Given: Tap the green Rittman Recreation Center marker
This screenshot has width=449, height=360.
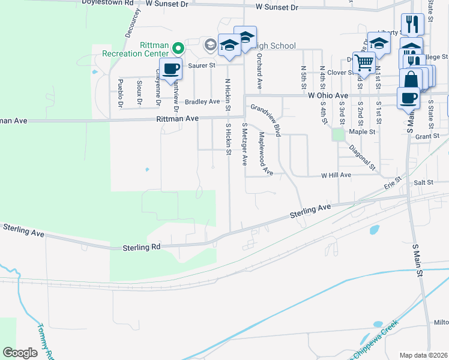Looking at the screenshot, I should tap(178, 47).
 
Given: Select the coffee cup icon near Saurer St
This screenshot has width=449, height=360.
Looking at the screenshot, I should tap(171, 69).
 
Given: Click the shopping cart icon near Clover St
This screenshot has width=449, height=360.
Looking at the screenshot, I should tap(363, 62).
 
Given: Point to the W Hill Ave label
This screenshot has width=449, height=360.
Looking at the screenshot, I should tap(336, 175).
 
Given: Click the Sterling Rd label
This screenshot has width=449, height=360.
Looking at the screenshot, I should tap(142, 247).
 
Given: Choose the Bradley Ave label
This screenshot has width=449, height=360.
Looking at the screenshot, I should tap(202, 102).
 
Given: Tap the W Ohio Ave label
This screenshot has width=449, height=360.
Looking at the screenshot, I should tap(328, 95).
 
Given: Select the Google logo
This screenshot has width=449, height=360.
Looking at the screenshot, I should tap(20, 352).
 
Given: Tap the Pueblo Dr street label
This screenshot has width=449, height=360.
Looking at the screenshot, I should tap(120, 93).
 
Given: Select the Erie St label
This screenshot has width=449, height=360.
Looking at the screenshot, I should tap(394, 181).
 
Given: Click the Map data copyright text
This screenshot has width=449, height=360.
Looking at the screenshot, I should tap(423, 355).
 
